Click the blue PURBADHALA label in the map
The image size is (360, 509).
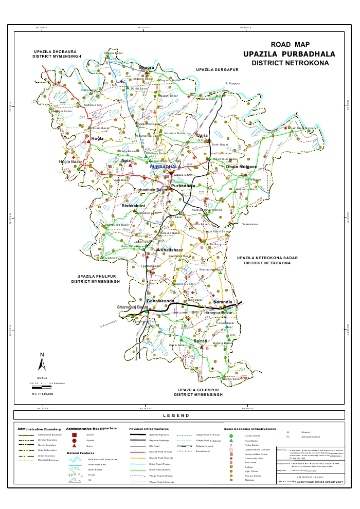(165, 167)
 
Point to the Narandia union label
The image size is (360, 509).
(223, 302)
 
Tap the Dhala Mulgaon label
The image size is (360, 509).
(241, 167)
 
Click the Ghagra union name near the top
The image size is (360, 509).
(147, 67)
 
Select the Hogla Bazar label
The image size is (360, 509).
(71, 162)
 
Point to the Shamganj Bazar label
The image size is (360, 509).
(132, 307)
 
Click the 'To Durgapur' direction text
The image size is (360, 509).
(233, 83)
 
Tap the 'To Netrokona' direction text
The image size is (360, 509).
(250, 225)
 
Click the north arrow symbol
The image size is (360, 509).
(42, 362)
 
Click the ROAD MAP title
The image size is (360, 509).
(290, 44)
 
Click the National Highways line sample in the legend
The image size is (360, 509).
(137, 435)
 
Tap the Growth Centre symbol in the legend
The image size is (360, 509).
(231, 435)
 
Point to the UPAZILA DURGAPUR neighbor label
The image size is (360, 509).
(218, 69)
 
